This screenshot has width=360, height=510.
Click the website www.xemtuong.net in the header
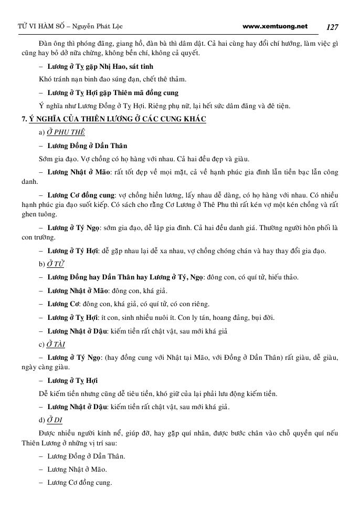tap(276, 26)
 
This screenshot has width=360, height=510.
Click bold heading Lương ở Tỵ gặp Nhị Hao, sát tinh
tap(100, 67)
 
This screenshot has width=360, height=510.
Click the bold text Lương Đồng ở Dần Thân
tap(87, 145)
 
